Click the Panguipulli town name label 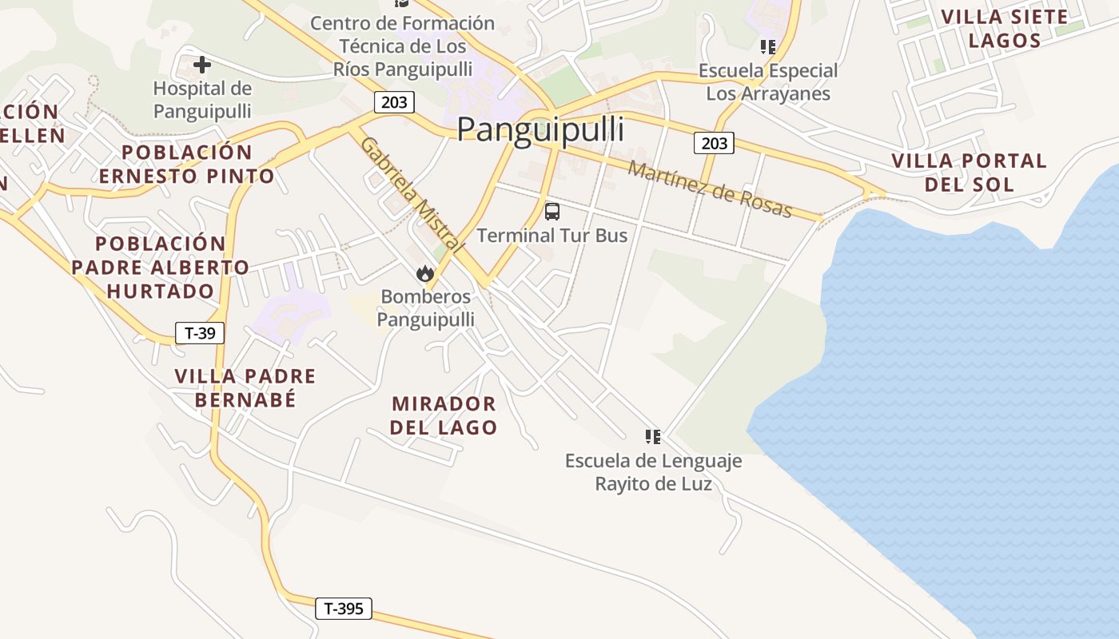540,129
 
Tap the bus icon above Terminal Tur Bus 552,212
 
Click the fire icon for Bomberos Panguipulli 425,274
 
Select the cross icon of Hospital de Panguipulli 202,64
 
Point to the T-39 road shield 200,333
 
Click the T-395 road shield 344,609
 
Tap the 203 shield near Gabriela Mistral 394,102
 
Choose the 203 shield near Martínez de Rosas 715,143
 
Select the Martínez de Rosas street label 710,189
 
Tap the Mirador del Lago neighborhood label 444,415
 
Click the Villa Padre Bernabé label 245,387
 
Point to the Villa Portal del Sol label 969,173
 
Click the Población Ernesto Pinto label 187,164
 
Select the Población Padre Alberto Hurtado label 161,267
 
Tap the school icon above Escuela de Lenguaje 653,436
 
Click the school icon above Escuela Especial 768,47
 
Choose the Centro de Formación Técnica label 402,46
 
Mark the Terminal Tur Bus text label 552,236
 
